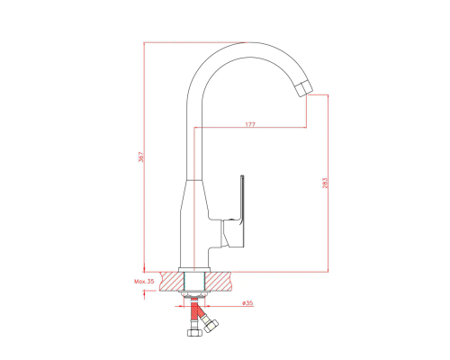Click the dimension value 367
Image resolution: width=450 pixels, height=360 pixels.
tap(141, 157)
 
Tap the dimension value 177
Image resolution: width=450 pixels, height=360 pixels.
tap(250, 124)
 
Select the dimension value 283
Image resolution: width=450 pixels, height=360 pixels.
tap(325, 183)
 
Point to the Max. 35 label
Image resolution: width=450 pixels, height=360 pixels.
tap(144, 282)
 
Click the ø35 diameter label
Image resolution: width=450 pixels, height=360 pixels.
tap(247, 303)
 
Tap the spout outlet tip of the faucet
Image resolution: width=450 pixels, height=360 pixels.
tap(303, 89)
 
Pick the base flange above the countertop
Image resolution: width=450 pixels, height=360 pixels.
tap(194, 269)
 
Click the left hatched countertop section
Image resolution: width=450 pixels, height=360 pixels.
tap(171, 282)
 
